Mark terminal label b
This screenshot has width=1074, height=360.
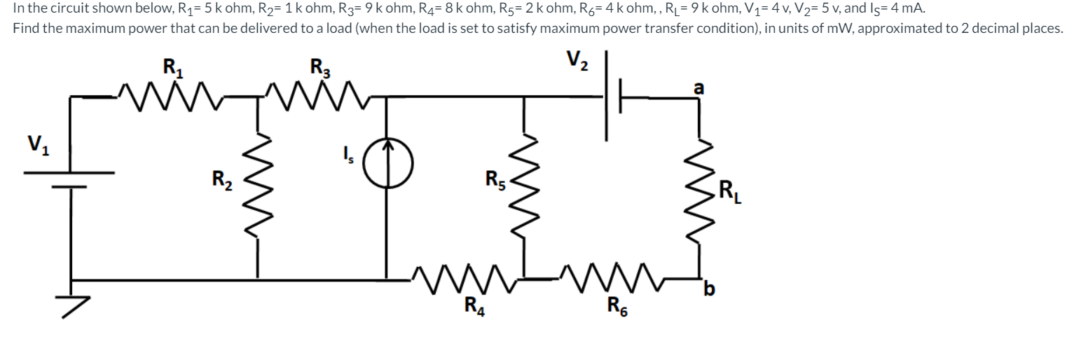[710, 288]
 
